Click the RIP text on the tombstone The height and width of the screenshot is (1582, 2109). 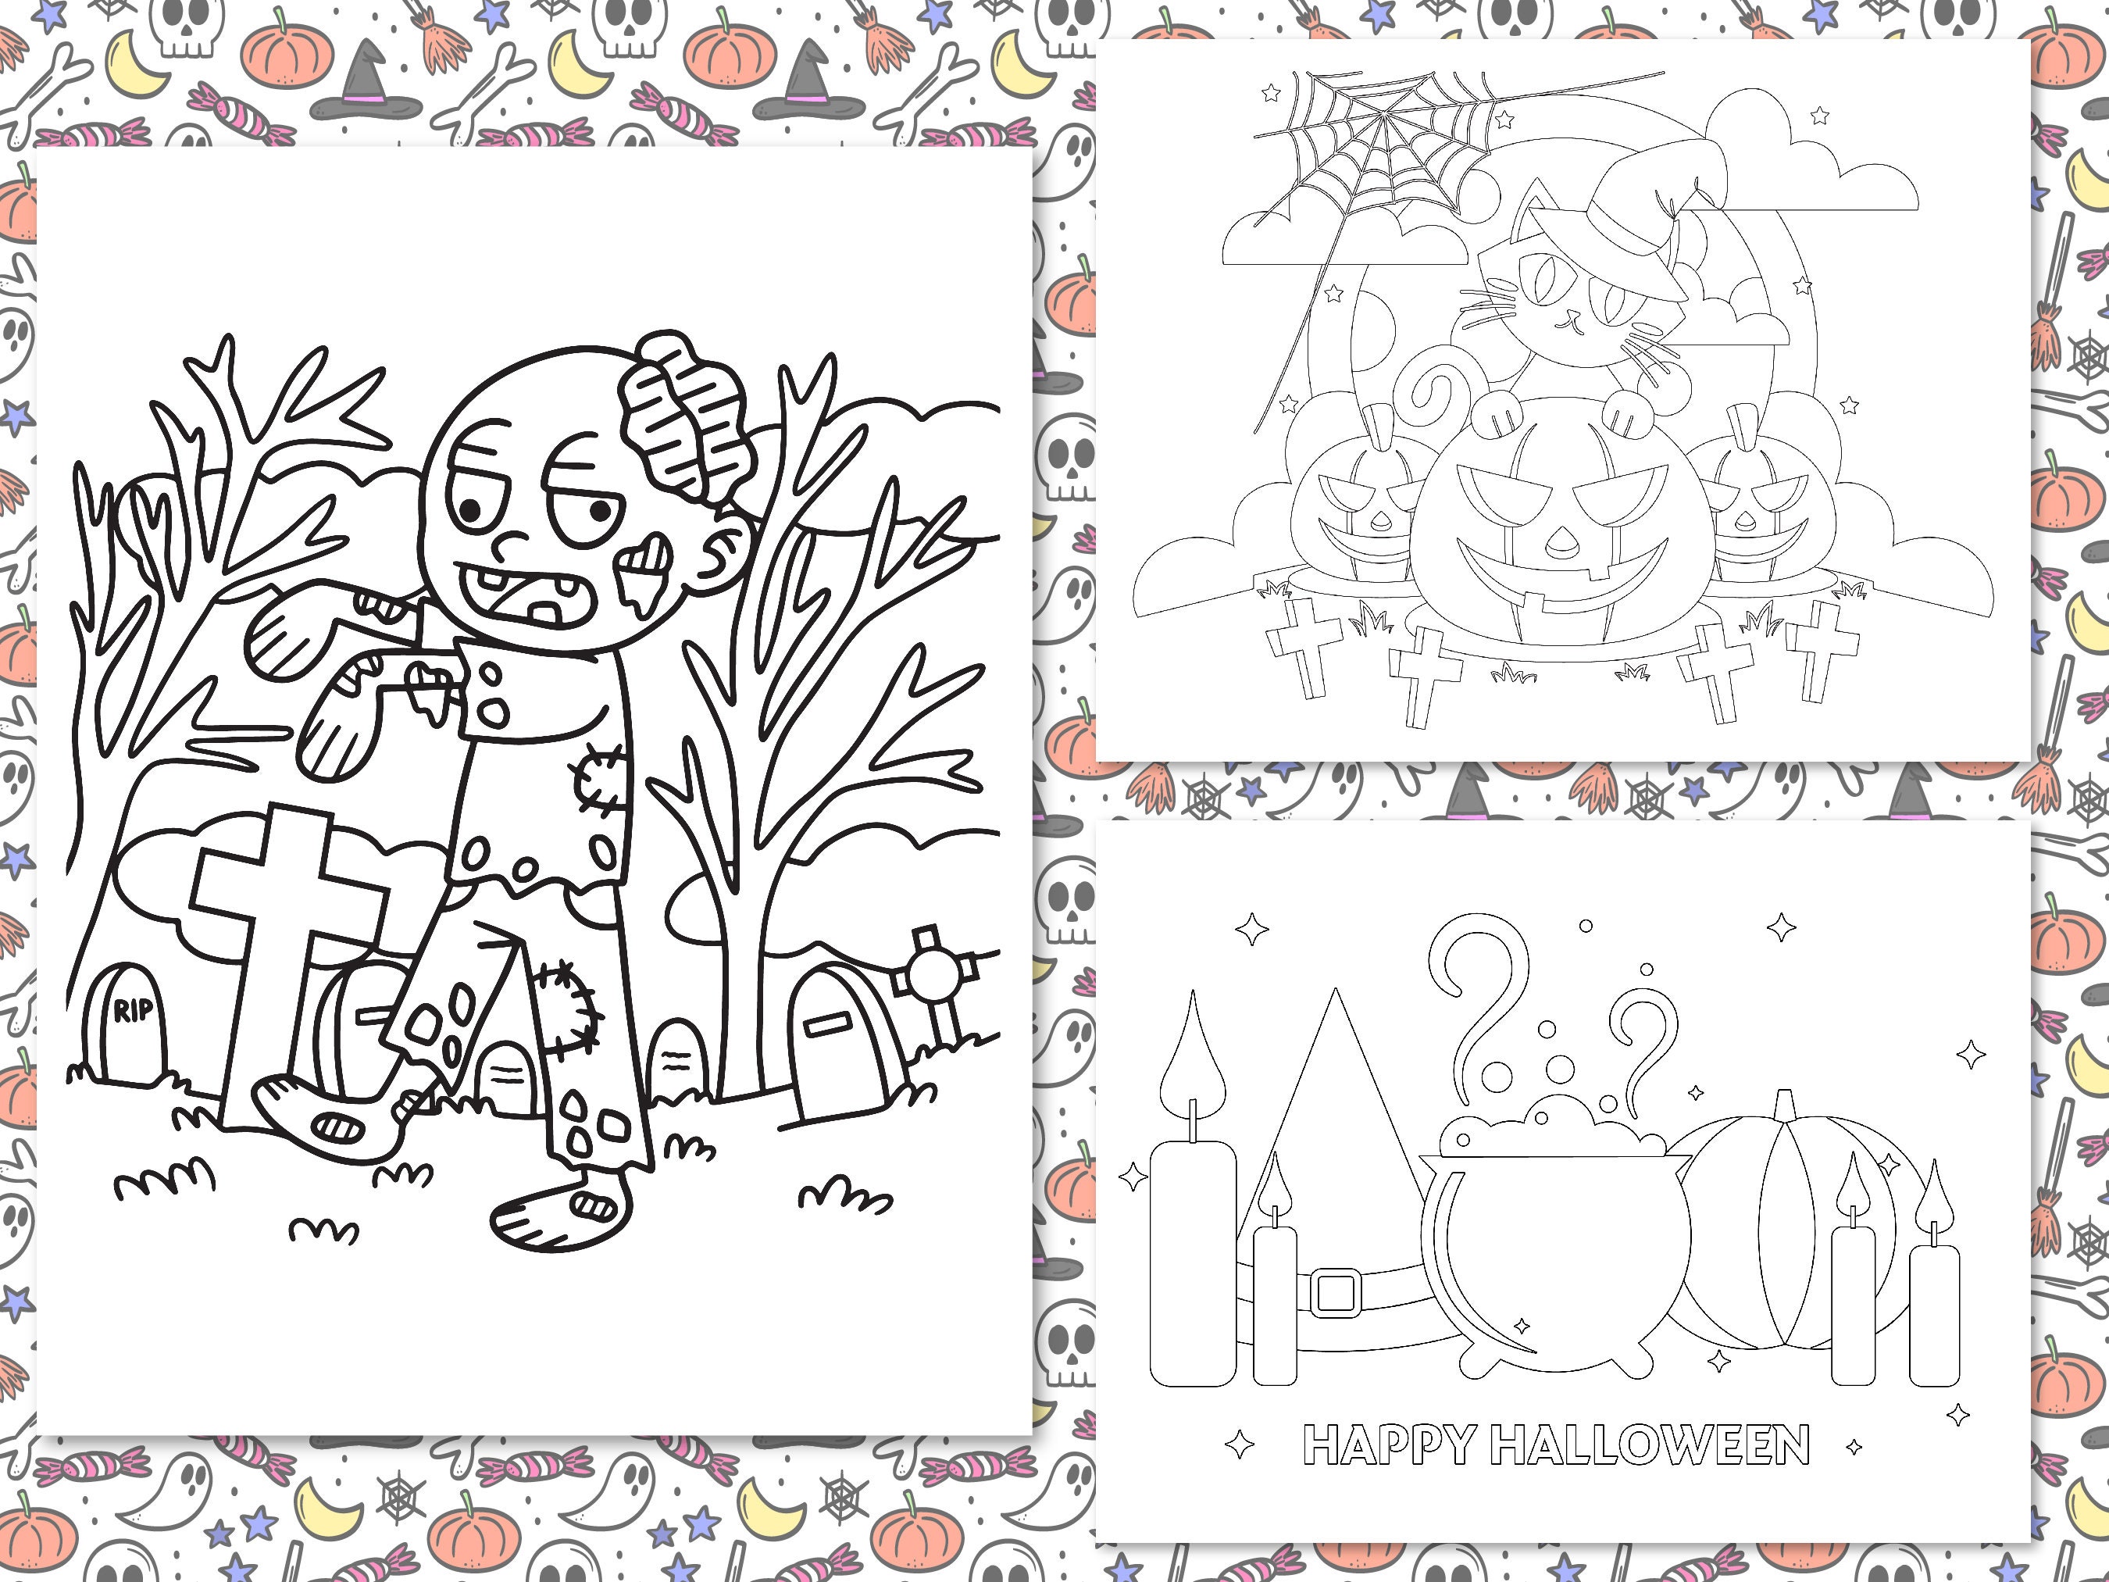click(x=133, y=1010)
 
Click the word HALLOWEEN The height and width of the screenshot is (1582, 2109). click(x=1650, y=1445)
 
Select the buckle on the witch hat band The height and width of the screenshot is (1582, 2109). click(x=1335, y=1293)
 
